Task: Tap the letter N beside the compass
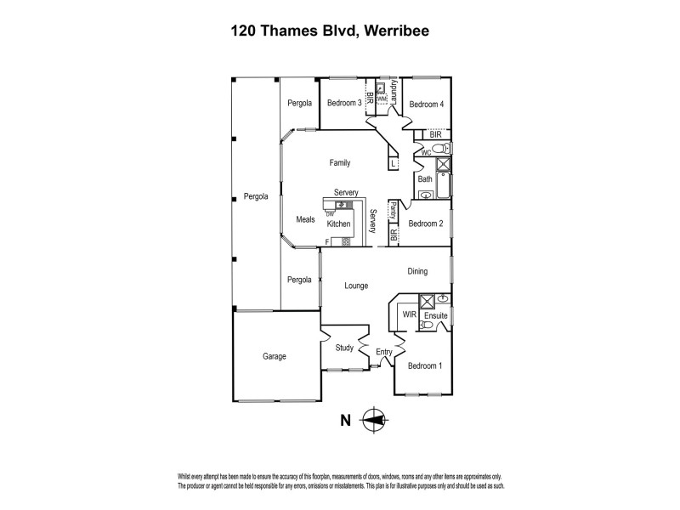coord(345,419)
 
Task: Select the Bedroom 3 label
coord(344,104)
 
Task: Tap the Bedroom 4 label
coord(426,104)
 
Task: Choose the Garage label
coord(275,356)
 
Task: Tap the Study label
coord(344,348)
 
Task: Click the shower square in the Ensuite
coord(427,301)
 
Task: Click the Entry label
coord(384,351)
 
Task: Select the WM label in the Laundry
coord(382,99)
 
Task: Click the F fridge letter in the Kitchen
coord(327,242)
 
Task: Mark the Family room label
coord(340,162)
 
